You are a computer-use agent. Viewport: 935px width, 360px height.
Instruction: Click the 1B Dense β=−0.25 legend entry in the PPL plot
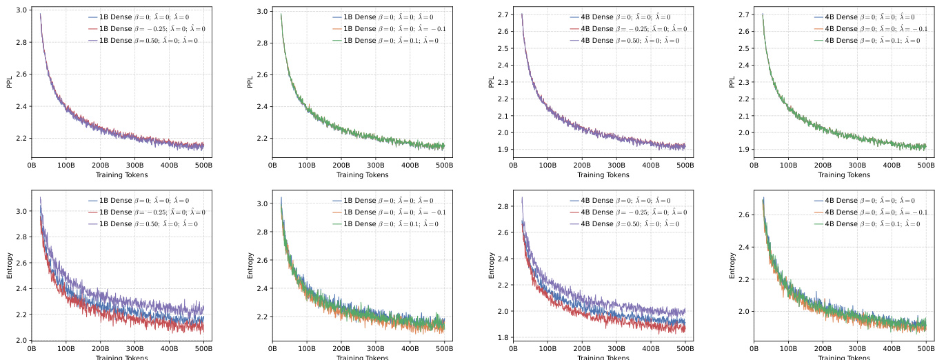[x=152, y=29]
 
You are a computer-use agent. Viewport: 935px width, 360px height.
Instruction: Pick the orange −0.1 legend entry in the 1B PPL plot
[x=393, y=29]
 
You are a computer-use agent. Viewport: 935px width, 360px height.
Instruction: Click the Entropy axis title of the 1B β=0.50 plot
[x=10, y=266]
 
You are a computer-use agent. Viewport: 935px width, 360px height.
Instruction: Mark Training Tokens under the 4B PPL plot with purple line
[x=603, y=175]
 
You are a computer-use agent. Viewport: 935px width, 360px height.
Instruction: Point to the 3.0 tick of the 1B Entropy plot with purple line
[x=22, y=211]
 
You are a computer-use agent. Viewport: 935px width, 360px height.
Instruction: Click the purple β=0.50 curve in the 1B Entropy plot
[x=138, y=295]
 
